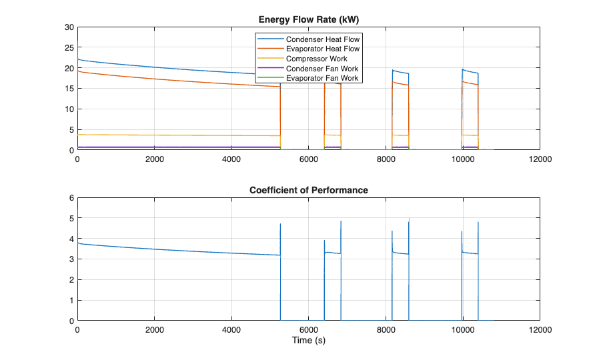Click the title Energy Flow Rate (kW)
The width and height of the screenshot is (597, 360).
click(308, 19)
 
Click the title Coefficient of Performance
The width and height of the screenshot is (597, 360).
click(308, 190)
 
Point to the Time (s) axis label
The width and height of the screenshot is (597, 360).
click(308, 341)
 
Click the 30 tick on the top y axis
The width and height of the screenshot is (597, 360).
click(69, 27)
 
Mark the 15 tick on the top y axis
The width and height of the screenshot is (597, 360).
click(69, 89)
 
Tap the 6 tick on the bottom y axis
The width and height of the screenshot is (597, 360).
click(71, 198)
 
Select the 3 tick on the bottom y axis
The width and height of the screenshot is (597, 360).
click(71, 259)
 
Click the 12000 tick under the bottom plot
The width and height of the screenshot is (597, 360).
click(539, 330)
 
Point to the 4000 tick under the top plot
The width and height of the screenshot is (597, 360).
click(231, 159)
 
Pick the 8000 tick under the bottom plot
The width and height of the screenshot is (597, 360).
click(386, 330)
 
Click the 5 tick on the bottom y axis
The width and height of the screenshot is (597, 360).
click(71, 219)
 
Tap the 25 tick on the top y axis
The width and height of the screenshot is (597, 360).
click(69, 48)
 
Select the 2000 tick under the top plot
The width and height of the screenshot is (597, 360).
click(154, 159)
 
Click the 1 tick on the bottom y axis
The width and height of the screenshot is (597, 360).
click(71, 300)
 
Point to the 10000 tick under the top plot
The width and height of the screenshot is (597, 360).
click(462, 159)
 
